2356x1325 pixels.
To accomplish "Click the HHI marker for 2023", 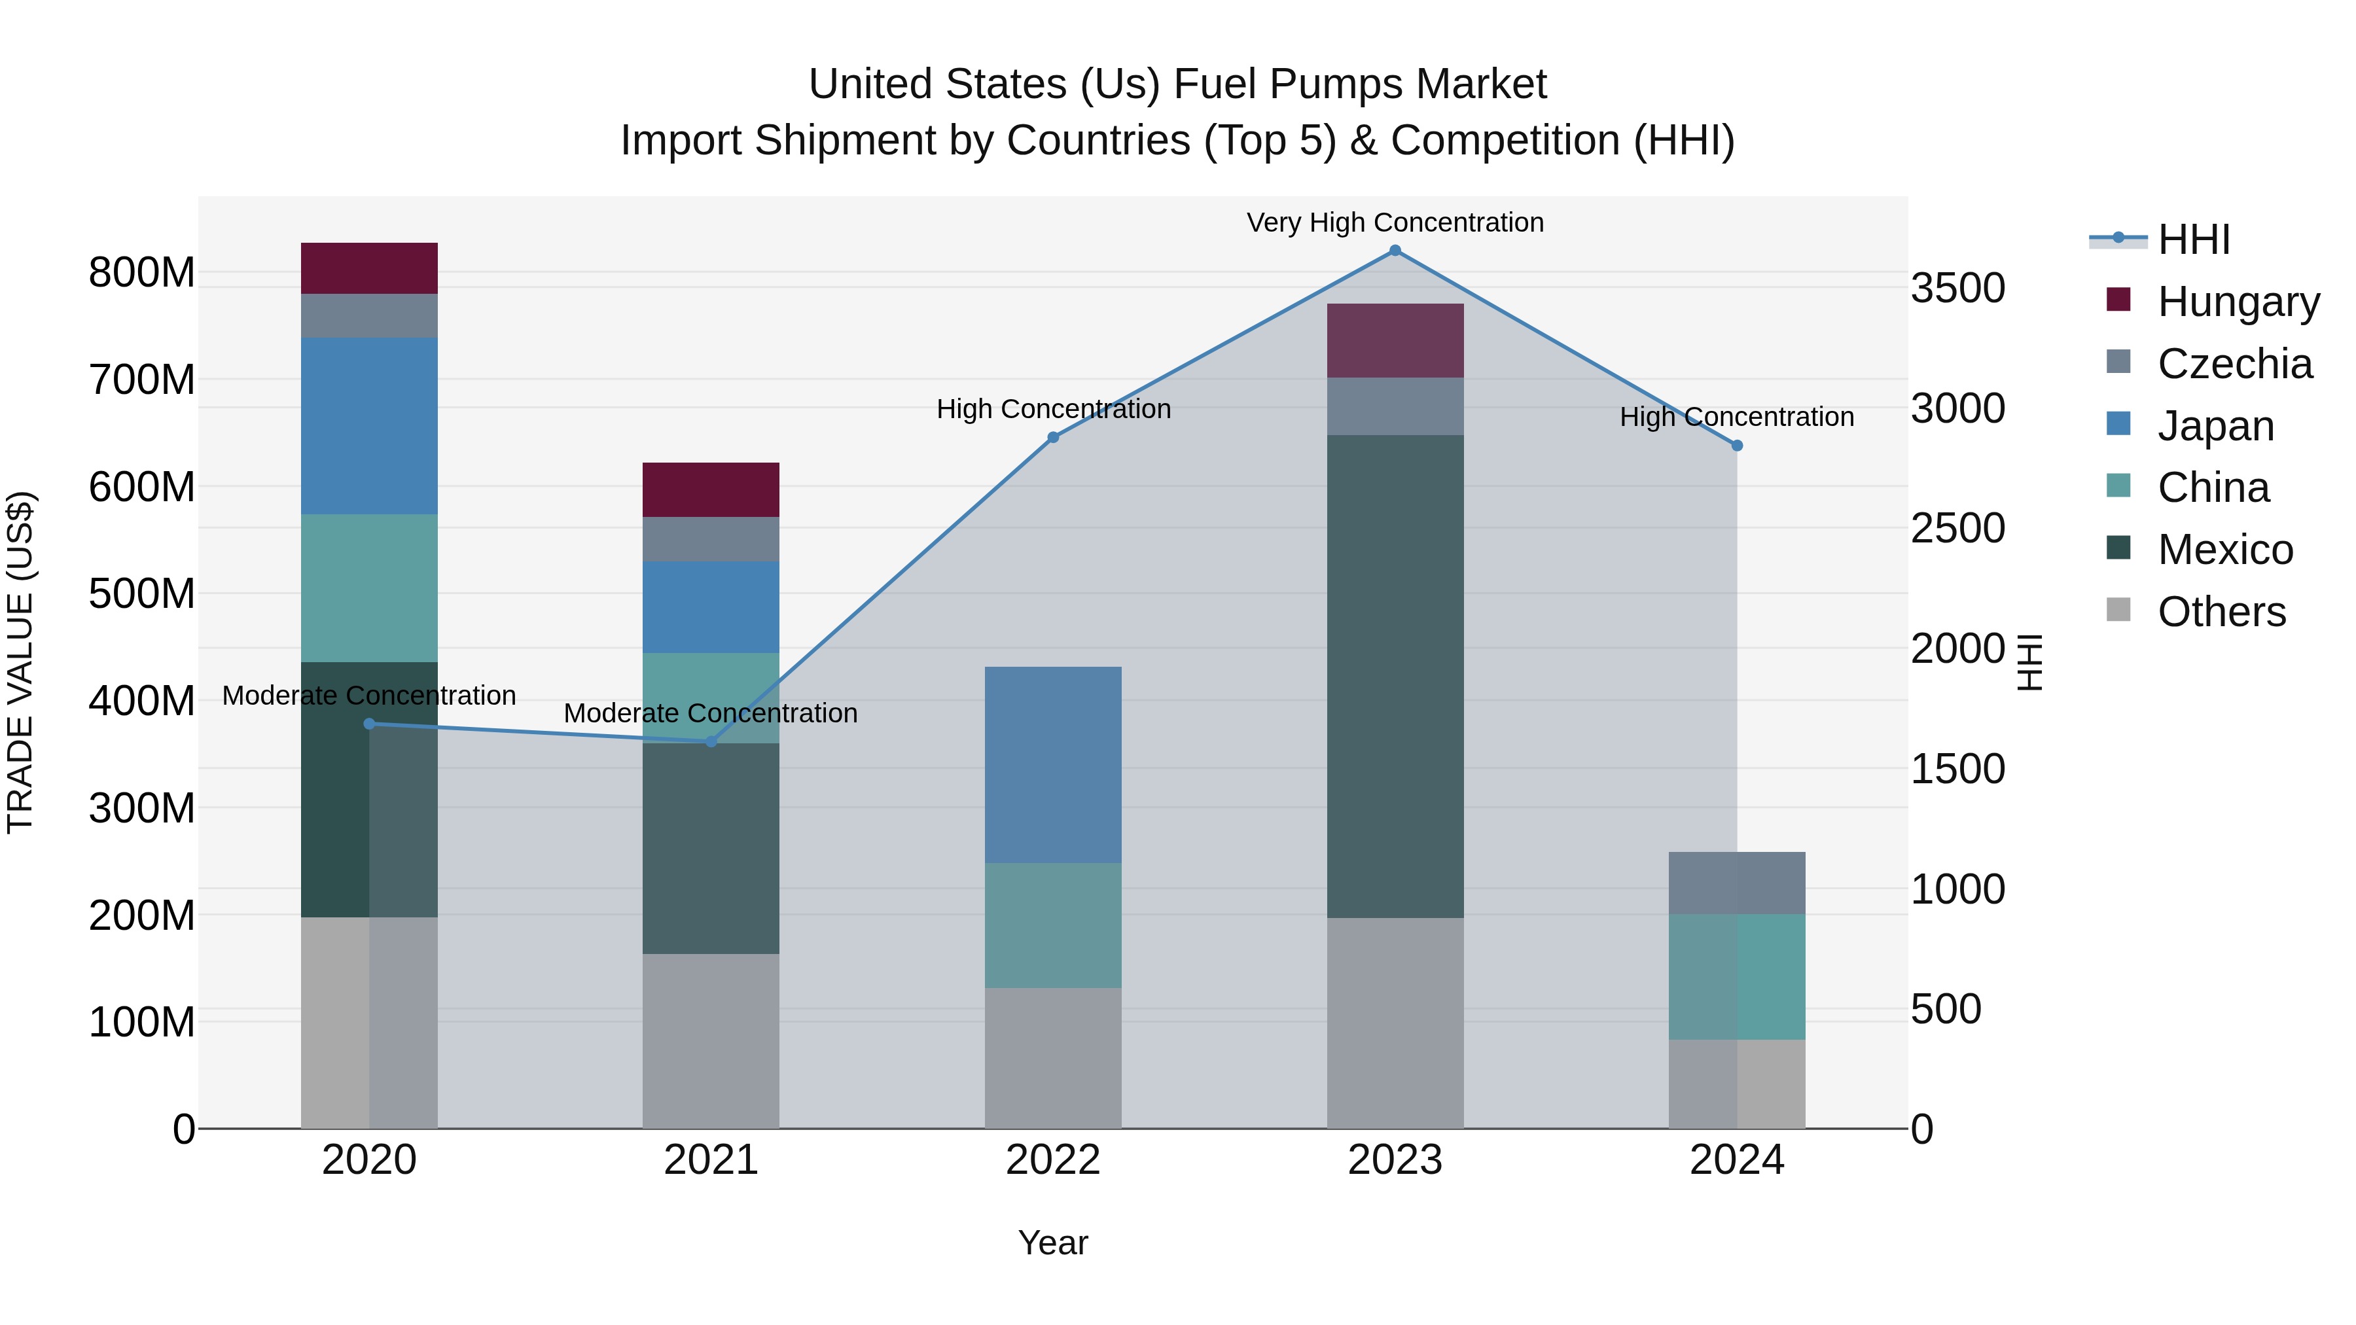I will [x=1395, y=251].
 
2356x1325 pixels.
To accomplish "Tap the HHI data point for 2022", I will [x=1053, y=437].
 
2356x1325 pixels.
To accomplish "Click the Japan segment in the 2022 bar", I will [x=1053, y=764].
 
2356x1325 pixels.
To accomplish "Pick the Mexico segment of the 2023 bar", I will [x=1395, y=676].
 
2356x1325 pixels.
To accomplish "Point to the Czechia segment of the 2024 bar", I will [x=1737, y=883].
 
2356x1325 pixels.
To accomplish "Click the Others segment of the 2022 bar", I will [x=1053, y=1057].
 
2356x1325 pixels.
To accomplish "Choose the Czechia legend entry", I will [x=2234, y=364].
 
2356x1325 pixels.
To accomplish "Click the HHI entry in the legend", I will [x=2193, y=239].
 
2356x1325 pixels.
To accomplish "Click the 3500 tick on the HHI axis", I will [x=1957, y=288].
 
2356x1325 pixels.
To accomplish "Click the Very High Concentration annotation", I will [x=1395, y=222].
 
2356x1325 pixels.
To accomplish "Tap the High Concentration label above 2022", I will [x=1053, y=409].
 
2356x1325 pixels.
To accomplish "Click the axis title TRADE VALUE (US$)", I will [x=20, y=662].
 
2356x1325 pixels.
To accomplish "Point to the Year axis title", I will [x=1053, y=1243].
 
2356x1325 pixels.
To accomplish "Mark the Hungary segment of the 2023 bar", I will [x=1395, y=340].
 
